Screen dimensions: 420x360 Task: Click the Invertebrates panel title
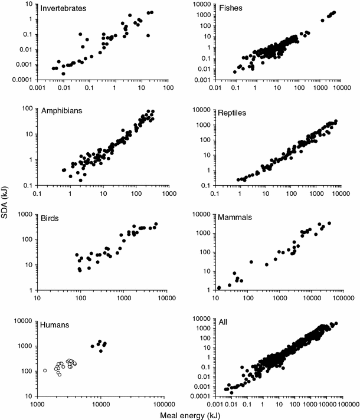coord(63,9)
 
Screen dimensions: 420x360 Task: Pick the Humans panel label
coord(56,323)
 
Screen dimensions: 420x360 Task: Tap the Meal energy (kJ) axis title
coord(188,415)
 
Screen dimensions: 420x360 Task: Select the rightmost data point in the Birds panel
coord(156,224)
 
